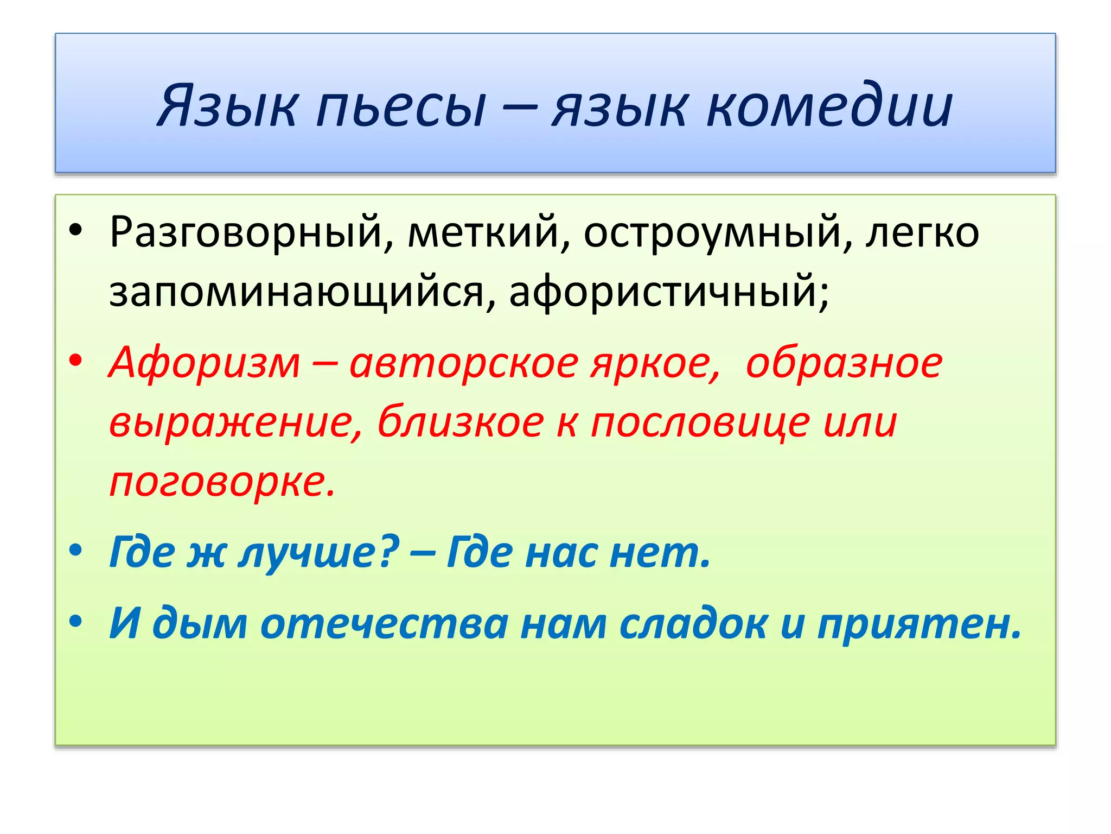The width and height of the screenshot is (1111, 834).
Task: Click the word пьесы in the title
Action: tap(401, 106)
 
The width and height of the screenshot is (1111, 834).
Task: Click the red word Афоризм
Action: tap(205, 362)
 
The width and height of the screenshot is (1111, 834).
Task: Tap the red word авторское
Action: tap(464, 362)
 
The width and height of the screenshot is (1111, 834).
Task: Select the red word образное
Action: tap(844, 362)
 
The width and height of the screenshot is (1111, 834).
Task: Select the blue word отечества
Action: tap(384, 623)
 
